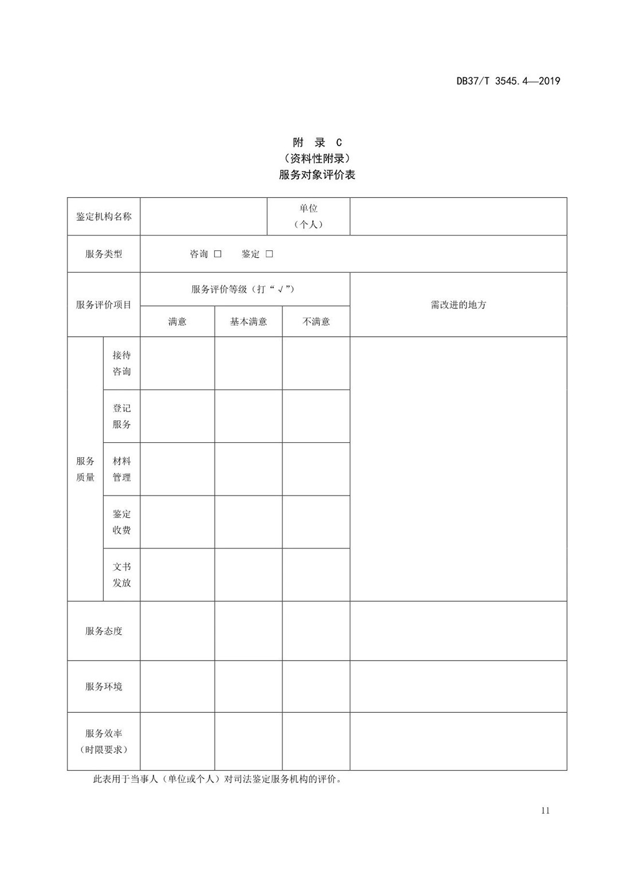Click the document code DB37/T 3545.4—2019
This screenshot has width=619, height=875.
[x=508, y=81]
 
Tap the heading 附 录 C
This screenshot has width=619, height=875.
[x=317, y=143]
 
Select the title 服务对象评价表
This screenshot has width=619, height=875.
[x=317, y=175]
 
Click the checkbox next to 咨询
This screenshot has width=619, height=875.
[x=218, y=254]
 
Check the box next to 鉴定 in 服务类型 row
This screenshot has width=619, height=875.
[x=269, y=254]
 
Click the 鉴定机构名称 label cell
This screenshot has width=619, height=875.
[x=104, y=217]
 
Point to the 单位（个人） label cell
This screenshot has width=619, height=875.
[x=308, y=217]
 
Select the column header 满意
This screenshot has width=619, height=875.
[x=177, y=321]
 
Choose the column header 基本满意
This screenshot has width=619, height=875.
[x=248, y=321]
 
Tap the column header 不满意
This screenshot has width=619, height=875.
[x=316, y=321]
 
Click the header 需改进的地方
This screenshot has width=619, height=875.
[x=458, y=305]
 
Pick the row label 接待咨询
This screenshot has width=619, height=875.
[x=122, y=363]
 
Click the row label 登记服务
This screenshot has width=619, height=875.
[x=122, y=416]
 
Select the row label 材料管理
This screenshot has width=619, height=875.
[x=122, y=469]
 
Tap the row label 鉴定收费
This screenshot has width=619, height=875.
[x=122, y=522]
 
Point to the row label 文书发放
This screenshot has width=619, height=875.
[x=122, y=575]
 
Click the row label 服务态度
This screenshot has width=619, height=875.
[x=104, y=631]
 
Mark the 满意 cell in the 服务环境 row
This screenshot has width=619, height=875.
[x=177, y=686]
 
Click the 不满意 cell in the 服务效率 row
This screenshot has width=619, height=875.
[x=316, y=741]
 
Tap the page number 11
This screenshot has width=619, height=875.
[x=544, y=810]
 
